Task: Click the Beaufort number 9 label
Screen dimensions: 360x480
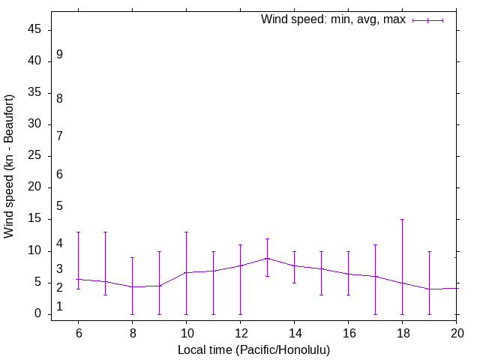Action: click(59, 55)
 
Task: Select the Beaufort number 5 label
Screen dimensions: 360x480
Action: click(59, 206)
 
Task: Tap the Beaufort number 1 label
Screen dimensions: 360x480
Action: click(59, 307)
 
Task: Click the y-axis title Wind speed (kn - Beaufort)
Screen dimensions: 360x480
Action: click(10, 166)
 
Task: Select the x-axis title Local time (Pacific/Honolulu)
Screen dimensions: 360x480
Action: click(253, 350)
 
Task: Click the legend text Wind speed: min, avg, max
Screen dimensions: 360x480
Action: click(333, 19)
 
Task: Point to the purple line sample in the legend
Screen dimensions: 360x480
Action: click(428, 20)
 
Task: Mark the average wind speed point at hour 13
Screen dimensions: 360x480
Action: click(267, 258)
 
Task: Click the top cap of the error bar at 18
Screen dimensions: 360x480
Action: click(402, 220)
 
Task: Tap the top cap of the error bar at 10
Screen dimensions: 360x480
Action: click(186, 232)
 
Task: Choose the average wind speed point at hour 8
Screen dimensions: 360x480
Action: click(132, 287)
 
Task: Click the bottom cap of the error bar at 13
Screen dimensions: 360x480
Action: click(267, 276)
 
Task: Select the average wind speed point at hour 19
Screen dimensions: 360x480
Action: click(429, 289)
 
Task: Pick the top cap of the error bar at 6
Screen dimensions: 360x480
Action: click(78, 232)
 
